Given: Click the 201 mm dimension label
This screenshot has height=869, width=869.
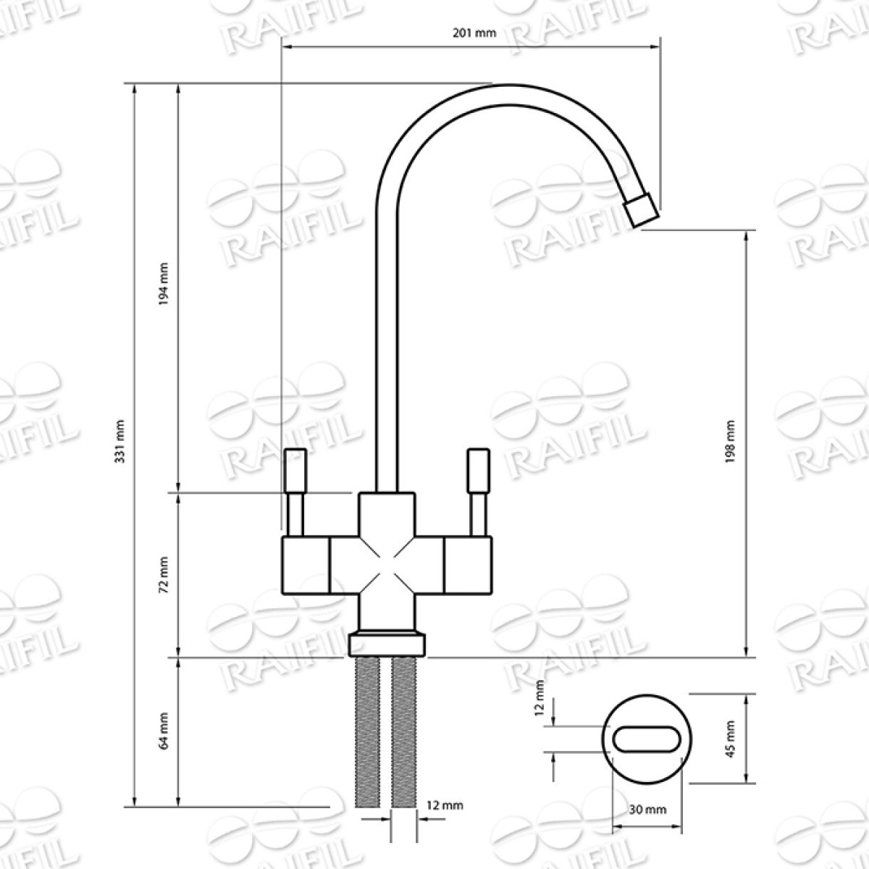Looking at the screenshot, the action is [x=474, y=33].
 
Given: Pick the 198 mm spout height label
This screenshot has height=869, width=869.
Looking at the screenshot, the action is [x=731, y=442].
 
